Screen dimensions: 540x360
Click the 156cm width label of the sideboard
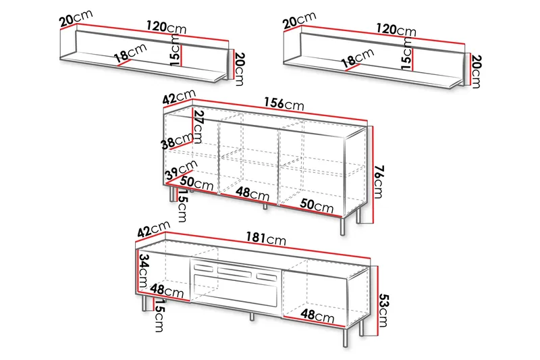284,103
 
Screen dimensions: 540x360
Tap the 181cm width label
266,238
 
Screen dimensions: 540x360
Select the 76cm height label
379,182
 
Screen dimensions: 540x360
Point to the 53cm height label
383,311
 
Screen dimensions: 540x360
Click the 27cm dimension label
198,126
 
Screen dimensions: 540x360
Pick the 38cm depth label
178,140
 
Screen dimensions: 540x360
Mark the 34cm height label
144,271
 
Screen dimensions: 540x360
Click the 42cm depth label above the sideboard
179,97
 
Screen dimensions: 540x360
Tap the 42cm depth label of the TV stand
154,228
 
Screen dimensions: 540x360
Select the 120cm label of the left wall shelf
166,27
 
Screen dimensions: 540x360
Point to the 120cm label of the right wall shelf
396,30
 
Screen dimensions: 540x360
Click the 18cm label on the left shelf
130,53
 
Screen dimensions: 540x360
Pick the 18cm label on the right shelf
358,57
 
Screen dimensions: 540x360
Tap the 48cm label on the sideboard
252,194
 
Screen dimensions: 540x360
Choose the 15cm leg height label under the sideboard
182,206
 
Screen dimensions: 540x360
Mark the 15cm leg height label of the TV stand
159,315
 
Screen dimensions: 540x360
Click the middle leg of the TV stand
252,317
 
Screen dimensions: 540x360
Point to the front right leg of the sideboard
342,226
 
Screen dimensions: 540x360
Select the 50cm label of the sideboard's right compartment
317,205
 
